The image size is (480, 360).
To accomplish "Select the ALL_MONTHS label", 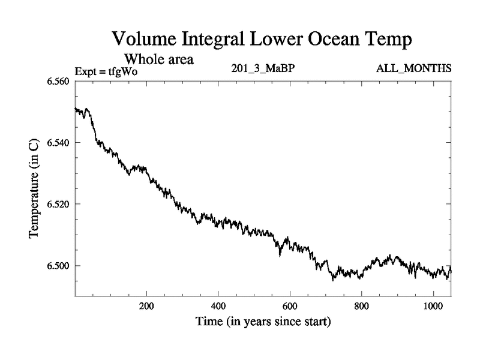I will (413, 68).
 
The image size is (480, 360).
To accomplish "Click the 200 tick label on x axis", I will (146, 305).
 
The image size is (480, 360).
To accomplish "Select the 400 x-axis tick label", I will (218, 305).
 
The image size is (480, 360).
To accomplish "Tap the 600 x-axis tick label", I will (290, 305).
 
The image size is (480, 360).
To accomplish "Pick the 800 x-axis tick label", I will (362, 305).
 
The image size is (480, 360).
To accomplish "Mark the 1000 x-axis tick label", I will (434, 305).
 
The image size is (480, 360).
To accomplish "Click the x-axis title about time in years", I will (263, 322).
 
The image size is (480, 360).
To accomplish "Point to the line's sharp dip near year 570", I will (280, 255).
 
